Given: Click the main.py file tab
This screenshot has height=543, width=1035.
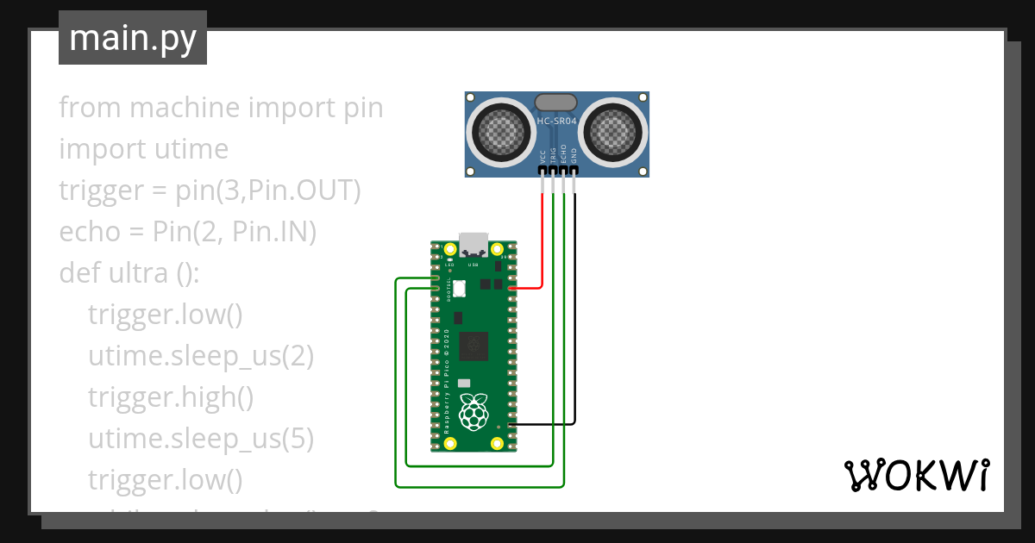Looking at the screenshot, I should [132, 38].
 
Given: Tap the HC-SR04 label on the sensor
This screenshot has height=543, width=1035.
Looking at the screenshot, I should [557, 122].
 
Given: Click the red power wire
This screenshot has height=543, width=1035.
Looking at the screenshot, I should [543, 241].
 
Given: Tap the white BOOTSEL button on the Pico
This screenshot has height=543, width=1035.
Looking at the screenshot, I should [459, 290].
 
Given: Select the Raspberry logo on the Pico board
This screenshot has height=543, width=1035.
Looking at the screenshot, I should [473, 411].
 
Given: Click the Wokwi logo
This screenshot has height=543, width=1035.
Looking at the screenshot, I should [915, 475].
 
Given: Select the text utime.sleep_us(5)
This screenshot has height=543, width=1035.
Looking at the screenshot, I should [200, 439].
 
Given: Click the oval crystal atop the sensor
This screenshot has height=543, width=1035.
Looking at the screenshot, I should [556, 103].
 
